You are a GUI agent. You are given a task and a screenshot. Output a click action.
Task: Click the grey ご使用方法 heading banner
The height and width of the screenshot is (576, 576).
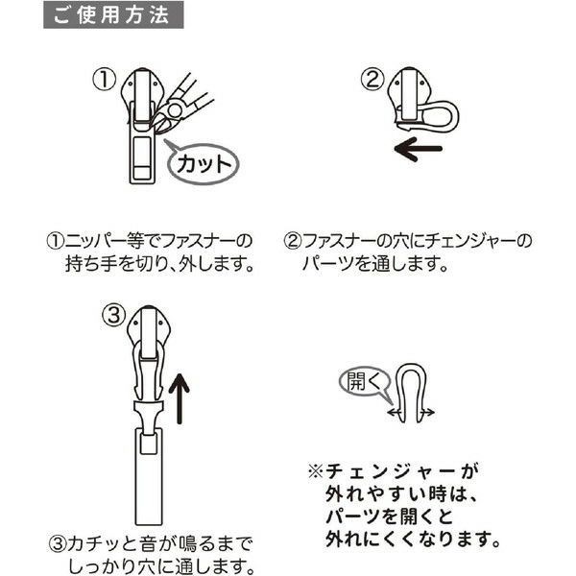[113, 14]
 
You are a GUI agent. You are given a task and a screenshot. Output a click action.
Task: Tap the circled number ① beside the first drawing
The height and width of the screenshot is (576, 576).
[104, 80]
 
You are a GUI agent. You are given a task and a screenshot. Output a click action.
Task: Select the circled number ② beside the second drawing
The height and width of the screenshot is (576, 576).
[372, 79]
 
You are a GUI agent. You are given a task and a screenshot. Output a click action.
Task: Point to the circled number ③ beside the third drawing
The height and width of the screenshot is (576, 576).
[114, 315]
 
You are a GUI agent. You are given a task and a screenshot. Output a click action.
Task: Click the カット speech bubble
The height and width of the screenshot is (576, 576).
[203, 164]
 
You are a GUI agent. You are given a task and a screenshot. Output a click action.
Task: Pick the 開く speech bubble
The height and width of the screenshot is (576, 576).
[363, 383]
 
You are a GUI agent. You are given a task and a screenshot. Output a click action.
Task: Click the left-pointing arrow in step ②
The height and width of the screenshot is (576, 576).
[418, 149]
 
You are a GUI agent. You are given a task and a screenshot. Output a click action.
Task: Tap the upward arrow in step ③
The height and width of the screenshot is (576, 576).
[180, 398]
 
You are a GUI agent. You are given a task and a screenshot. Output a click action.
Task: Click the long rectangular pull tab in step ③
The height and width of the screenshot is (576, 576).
[149, 476]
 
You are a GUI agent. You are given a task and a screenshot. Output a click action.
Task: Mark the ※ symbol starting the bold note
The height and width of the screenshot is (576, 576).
[316, 471]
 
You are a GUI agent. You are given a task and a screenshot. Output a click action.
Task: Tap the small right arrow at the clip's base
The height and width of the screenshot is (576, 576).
[428, 413]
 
